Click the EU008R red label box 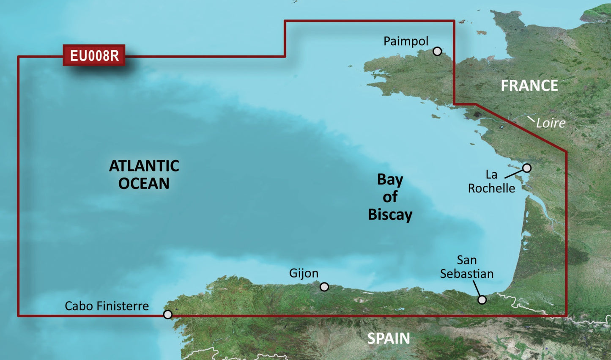94,55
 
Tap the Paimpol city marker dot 437,51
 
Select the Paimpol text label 406,41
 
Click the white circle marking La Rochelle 526,168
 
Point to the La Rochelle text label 491,181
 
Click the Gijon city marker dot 324,287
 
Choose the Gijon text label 304,273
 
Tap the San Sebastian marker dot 482,300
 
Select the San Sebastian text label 467,267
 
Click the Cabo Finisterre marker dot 168,314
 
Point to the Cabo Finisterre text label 107,306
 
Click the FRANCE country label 529,86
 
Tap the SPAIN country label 388,338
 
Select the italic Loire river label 551,123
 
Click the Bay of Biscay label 390,197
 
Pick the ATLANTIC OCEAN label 144,174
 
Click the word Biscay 390,214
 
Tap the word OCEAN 144,184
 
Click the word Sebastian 467,274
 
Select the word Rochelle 491,188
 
